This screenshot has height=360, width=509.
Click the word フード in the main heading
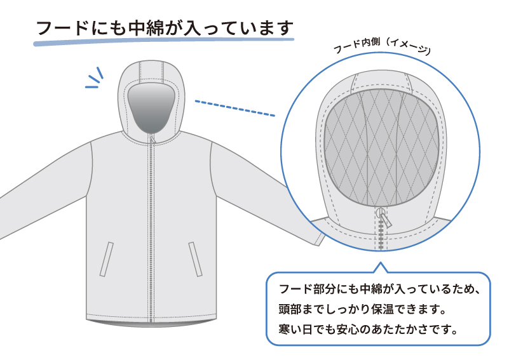(x=62, y=28)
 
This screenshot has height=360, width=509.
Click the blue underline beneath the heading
(x=163, y=41)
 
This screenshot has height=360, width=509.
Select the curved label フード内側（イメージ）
(x=382, y=46)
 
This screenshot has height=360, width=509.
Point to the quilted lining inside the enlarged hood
(x=382, y=147)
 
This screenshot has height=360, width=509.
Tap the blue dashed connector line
(x=235, y=108)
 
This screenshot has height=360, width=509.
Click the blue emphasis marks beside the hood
(x=95, y=78)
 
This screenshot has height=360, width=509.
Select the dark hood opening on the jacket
(x=151, y=108)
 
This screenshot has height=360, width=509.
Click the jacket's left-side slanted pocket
(x=107, y=259)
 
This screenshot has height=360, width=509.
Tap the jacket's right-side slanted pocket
(x=196, y=259)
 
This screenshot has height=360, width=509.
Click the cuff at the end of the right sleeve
(x=319, y=238)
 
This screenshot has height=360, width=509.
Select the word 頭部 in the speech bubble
(x=289, y=309)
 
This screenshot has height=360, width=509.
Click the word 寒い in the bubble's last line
(x=289, y=330)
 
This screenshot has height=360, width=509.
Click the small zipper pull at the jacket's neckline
(x=153, y=139)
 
